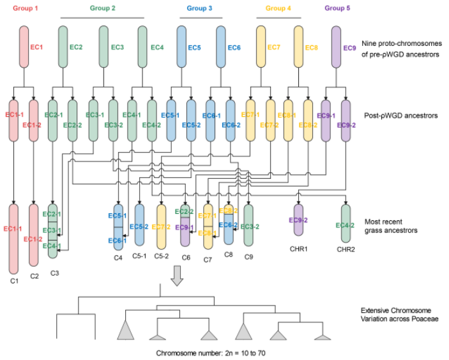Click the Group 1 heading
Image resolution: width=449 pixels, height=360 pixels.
(25, 8)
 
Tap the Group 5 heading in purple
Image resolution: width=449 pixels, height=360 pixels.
(337, 8)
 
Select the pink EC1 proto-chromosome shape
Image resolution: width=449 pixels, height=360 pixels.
(24, 47)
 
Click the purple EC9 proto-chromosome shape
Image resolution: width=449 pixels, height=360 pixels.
(336, 47)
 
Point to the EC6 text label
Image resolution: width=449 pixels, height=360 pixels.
(234, 47)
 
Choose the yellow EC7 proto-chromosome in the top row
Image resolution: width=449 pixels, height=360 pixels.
(261, 47)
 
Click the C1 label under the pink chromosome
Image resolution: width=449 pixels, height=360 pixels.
(14, 281)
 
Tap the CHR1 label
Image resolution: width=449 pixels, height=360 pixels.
(299, 249)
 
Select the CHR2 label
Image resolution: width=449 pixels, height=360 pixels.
(346, 250)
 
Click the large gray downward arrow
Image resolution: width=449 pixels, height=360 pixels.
(177, 276)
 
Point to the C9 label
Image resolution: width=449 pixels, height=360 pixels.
(248, 257)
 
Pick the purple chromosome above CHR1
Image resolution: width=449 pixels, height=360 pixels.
(299, 220)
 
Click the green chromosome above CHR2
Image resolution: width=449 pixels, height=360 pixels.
(346, 223)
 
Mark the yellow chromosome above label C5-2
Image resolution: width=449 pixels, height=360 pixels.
(161, 227)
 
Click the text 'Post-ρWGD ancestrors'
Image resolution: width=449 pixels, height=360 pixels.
(401, 116)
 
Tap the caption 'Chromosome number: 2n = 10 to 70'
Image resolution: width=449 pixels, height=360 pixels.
(211, 353)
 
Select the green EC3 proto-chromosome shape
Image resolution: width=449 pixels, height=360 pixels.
(103, 47)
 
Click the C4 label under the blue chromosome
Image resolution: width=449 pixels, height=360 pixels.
(118, 258)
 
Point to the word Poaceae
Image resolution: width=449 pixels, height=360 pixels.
(425, 319)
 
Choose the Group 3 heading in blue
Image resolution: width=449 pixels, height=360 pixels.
(199, 8)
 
